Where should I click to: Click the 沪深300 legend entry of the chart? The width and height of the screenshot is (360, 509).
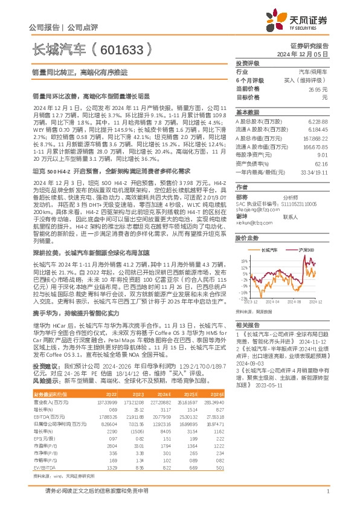point(306,249)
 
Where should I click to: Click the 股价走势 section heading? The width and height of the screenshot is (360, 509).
point(246,238)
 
